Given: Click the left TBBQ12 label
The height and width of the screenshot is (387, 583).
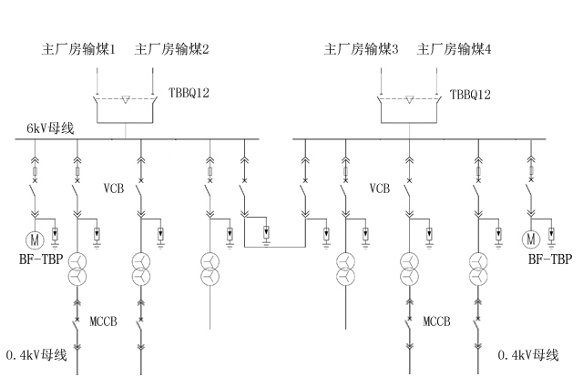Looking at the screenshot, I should [x=189, y=94].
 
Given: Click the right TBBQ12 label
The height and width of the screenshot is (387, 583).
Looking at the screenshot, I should [x=470, y=94].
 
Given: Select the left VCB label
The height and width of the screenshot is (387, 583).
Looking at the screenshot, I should [x=114, y=189].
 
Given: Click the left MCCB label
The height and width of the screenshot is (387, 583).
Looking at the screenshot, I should [x=104, y=321].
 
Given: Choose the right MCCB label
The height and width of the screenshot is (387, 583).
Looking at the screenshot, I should [x=436, y=321].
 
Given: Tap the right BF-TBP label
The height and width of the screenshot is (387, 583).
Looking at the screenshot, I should [x=550, y=260].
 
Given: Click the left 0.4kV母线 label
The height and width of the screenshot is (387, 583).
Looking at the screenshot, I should [x=36, y=354].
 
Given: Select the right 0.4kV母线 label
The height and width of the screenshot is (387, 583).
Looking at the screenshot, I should [x=529, y=354].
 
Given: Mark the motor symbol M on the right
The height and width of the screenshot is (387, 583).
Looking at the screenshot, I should [x=532, y=239].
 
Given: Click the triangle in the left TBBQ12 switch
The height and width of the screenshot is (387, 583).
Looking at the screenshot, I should [x=128, y=98].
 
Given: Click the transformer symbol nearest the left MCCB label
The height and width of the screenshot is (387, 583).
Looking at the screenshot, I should [x=77, y=269].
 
